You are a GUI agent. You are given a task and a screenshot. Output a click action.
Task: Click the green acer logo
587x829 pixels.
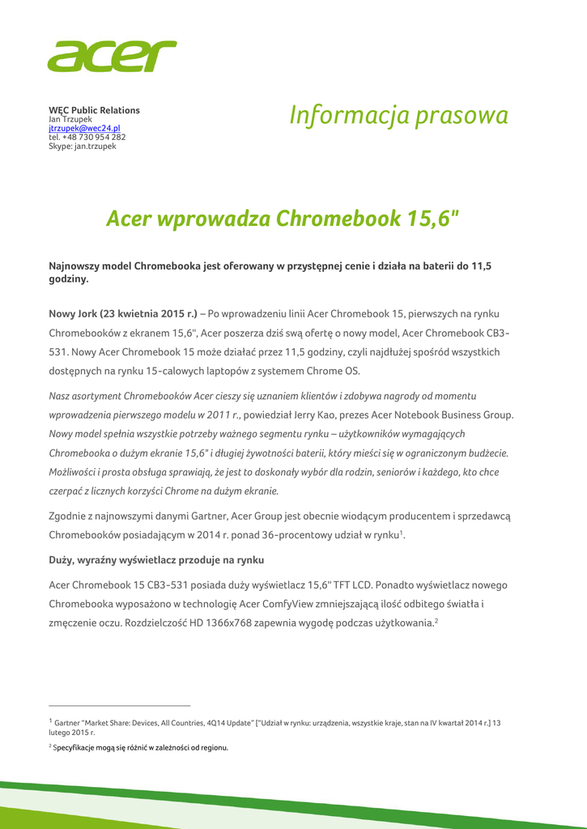pyautogui.click(x=112, y=57)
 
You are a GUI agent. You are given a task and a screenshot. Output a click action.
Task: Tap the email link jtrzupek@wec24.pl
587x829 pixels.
pyautogui.click(x=85, y=128)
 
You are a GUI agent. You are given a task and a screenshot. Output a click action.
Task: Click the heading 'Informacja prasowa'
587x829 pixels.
pyautogui.click(x=399, y=116)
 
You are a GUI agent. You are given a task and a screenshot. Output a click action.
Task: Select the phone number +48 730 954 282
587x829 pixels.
pyautogui.click(x=94, y=137)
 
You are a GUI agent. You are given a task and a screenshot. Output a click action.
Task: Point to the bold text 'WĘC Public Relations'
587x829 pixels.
pyautogui.click(x=94, y=110)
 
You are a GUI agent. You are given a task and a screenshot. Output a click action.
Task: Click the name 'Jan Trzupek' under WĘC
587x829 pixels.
pyautogui.click(x=70, y=119)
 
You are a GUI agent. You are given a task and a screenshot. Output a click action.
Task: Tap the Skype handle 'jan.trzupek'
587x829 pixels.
pyautogui.click(x=95, y=146)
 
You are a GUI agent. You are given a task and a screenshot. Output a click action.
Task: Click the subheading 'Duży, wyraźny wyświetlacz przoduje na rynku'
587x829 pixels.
pyautogui.click(x=156, y=559)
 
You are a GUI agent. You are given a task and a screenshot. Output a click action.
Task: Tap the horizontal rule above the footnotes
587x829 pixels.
pyautogui.click(x=119, y=705)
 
